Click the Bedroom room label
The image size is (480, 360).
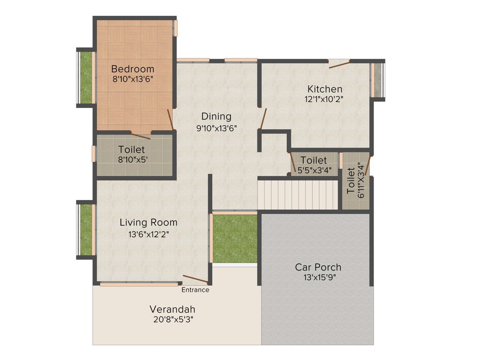tap(133, 69)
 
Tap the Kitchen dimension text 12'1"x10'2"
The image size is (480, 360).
tap(325, 99)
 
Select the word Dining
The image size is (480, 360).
tap(216, 116)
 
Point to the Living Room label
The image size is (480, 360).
tap(148, 222)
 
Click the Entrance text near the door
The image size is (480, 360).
tap(195, 290)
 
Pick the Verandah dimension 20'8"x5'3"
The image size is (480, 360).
tap(172, 320)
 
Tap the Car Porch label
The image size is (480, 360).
tap(318, 267)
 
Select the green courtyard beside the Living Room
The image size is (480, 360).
tap(235, 238)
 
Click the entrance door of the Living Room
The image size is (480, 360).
tap(195, 279)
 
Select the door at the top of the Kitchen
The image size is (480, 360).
tap(339, 65)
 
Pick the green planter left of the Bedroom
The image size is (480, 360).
tap(86, 77)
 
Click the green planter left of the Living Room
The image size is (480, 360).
tap(86, 230)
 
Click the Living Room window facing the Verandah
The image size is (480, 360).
tap(139, 284)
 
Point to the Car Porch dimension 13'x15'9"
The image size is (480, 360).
tap(319, 277)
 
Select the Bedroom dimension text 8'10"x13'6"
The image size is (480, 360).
tap(133, 79)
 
